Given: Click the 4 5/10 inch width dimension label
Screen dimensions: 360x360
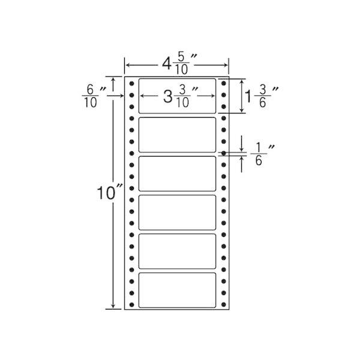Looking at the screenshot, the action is pos(179,65).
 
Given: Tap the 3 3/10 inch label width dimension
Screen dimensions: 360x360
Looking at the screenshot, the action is pos(181,97).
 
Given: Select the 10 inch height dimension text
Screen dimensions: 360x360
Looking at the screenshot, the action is pos(110,193).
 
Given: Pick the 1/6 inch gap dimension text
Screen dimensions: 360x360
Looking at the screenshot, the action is pos(262,154).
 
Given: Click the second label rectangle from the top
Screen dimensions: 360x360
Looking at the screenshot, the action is pos(177,135).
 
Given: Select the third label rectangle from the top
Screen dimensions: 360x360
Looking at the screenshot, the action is pos(177,173).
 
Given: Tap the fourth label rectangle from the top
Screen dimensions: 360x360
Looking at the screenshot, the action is pos(177,212).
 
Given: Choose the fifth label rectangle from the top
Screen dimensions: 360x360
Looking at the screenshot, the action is pos(177,251).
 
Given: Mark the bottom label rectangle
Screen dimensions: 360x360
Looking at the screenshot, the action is pos(177,290).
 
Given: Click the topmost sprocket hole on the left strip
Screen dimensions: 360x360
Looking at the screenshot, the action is pos(131,83).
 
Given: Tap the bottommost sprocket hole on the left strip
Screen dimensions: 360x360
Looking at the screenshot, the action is pos(131,305).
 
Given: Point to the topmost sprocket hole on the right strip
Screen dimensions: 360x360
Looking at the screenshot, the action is pos(224,83).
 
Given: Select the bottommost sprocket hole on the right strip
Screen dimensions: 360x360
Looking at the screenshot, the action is pos(224,305).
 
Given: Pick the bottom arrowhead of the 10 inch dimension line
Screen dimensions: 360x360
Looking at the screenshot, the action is pos(113,306).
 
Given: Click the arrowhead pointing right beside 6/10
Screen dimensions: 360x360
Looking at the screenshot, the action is pos(121,95).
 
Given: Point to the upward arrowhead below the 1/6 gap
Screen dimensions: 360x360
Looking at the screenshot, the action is pos(242,158).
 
